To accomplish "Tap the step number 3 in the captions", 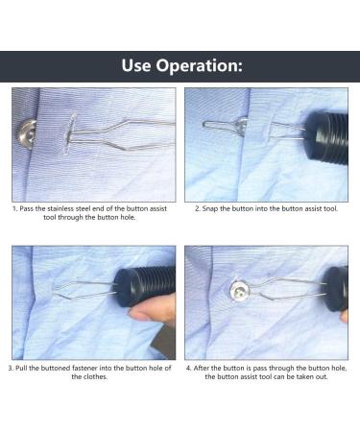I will pyautogui.click(x=10, y=368).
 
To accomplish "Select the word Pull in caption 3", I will pyautogui.click(x=23, y=368).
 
